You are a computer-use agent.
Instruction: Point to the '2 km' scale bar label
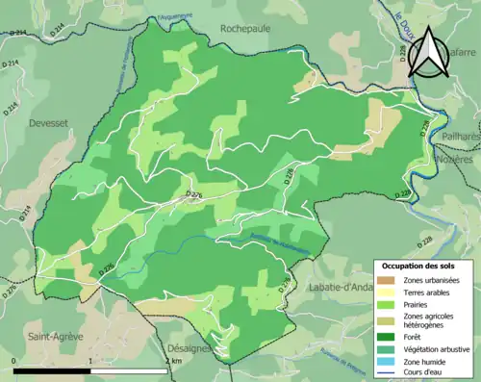pyautogui.click(x=174, y=360)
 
